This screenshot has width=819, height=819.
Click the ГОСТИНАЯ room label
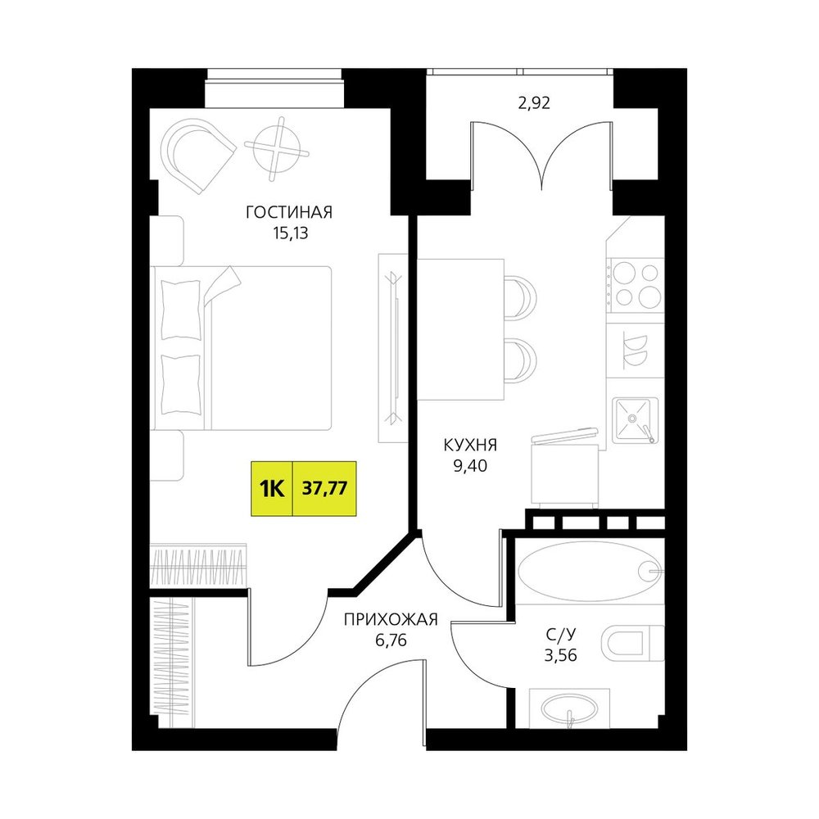point(289,213)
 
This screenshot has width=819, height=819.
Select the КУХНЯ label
point(470,446)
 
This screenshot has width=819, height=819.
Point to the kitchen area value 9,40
point(470,465)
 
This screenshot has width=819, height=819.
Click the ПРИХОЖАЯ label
point(390,620)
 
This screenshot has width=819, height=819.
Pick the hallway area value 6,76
point(391,640)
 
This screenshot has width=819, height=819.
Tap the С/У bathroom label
point(560,635)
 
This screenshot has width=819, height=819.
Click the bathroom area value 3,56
point(560,655)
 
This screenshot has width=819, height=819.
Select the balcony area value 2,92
point(534,103)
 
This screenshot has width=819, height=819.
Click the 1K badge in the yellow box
point(272,489)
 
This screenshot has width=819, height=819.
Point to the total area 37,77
point(324,489)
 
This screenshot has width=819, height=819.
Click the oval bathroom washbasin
point(569,708)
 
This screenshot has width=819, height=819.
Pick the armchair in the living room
point(197,155)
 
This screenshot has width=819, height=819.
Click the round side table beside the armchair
point(276,147)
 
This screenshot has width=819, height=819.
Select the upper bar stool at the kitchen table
point(520,296)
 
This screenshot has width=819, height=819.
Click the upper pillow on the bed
point(181,310)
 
